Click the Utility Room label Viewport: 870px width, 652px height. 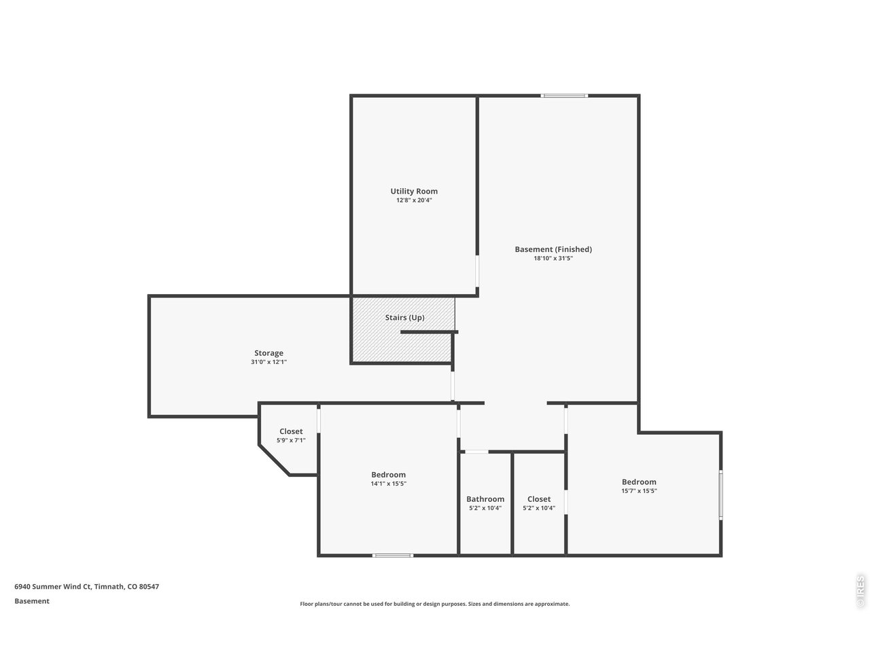[x=413, y=192]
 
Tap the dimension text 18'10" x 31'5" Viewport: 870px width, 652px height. [x=553, y=258]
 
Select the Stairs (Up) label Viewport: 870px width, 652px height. [x=404, y=317]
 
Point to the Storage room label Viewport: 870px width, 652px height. [x=268, y=353]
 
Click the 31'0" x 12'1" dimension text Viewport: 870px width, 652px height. [x=268, y=362]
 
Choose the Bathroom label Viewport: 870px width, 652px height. [x=485, y=499]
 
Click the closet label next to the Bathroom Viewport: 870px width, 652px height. [x=539, y=499]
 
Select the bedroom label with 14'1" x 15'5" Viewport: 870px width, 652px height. [x=388, y=475]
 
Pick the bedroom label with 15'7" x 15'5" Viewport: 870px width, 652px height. [x=639, y=482]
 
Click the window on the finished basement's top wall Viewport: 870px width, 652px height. [x=564, y=96]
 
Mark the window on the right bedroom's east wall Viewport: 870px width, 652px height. [x=720, y=495]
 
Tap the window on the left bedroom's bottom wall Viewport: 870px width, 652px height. [x=393, y=556]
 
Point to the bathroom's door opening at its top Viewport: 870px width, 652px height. [x=476, y=452]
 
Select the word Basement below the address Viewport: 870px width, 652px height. [x=32, y=601]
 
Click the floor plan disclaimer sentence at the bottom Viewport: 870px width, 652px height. [x=435, y=604]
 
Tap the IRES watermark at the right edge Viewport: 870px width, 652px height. [x=860, y=591]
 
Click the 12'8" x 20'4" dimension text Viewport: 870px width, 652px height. [x=414, y=200]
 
